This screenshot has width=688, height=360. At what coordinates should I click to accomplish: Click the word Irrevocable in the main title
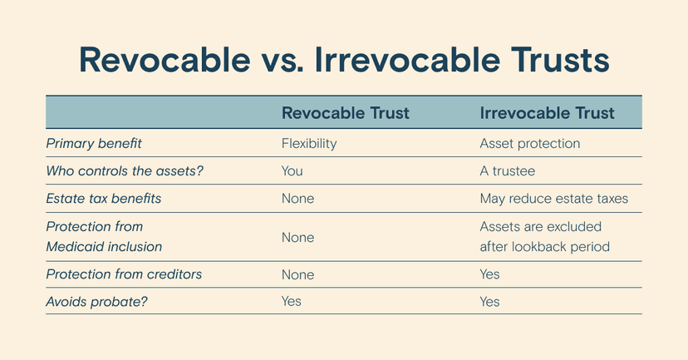pos(407,59)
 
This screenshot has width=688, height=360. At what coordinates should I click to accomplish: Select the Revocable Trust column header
pos(346,113)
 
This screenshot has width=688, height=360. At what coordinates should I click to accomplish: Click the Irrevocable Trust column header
pos(547,113)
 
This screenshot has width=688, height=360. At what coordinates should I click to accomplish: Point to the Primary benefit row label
pos(94,144)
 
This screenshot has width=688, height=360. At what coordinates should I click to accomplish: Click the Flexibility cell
pos(309,144)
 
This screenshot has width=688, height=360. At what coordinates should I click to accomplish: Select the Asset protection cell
pos(530,144)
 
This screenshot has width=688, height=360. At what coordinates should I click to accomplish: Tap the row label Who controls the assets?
pos(125,170)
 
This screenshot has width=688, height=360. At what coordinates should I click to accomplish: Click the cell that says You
pos(292,170)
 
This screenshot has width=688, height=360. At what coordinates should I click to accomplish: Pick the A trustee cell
pos(508,170)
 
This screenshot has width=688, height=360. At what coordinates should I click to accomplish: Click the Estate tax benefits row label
pos(104,199)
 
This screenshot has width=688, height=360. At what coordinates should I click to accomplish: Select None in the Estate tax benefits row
pos(298,199)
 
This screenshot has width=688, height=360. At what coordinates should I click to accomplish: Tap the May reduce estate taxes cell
pos(554,199)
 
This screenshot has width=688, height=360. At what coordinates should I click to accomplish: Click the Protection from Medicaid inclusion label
pos(104,237)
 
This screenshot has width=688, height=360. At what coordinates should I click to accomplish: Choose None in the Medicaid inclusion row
pos(298,238)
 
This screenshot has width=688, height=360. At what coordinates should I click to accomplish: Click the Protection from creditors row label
pos(124,274)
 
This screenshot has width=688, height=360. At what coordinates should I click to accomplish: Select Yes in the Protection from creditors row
pos(489,274)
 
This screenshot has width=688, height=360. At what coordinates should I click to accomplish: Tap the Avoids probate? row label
pos(96,302)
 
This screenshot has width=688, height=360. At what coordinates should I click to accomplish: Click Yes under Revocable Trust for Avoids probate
pos(292,302)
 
